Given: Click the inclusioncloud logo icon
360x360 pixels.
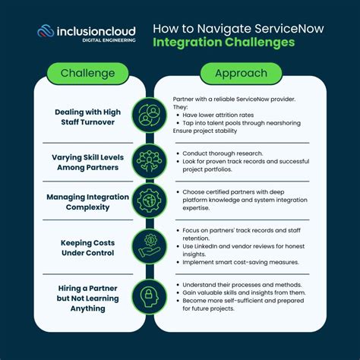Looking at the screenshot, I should point(46,33).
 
